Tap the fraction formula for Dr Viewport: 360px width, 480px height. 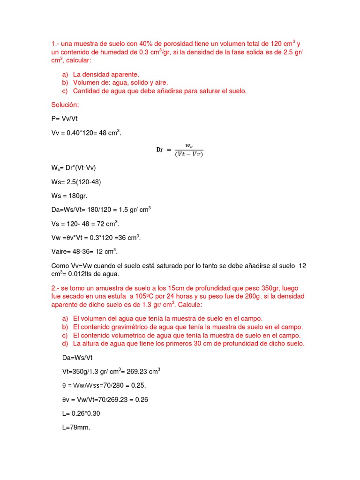tap(180, 150)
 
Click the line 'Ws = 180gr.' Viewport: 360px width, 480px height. tap(69, 195)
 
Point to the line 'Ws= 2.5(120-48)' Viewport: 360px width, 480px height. tap(76, 181)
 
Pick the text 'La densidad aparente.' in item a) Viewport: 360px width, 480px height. tap(106, 75)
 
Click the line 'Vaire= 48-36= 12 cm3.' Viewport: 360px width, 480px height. tap(84, 251)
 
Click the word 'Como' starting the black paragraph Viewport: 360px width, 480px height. tap(60, 266)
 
